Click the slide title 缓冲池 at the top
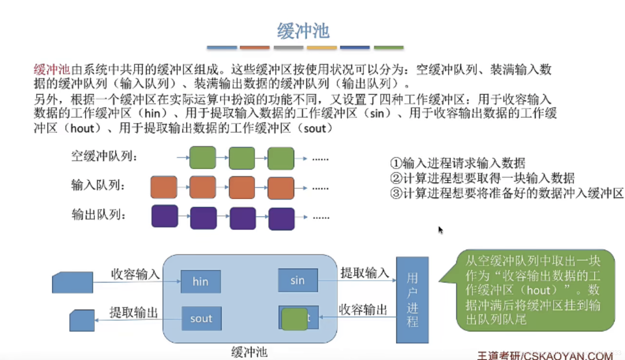coord(303,31)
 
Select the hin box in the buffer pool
coord(200,281)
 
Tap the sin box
coord(298,280)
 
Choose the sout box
coord(201,319)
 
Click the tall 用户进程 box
coord(412,300)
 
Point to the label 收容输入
coord(135,274)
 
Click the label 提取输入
coord(365,273)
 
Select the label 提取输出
coord(133,313)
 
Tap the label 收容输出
coord(363,310)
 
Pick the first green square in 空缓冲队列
coord(202,157)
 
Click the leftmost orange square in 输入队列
coord(164,187)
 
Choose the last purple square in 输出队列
coord(281,219)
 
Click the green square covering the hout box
coord(294,319)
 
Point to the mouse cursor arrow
coord(440,230)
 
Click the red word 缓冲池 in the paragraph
coord(52,70)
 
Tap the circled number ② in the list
coord(396,178)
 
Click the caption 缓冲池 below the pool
coord(249,352)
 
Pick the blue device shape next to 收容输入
coord(73,282)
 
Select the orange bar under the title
coord(254,47)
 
